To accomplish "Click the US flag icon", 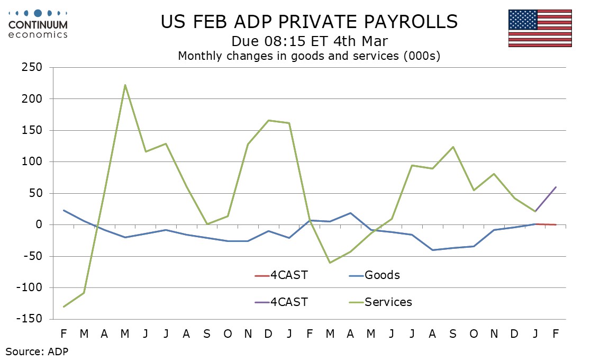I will [540, 28].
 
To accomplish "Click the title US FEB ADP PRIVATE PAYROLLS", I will [309, 22].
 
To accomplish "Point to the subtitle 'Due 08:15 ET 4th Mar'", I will [309, 41].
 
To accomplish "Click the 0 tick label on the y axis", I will [39, 225].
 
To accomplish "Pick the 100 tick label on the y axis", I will [34, 162].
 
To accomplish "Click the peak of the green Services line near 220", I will [125, 85].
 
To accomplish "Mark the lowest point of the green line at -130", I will [63, 307].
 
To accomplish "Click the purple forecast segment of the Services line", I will [546, 199].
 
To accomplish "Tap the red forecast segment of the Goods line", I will [546, 224].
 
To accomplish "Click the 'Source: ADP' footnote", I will [37, 350].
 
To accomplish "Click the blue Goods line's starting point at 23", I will [63, 210].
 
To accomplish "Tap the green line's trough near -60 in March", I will [330, 263].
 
